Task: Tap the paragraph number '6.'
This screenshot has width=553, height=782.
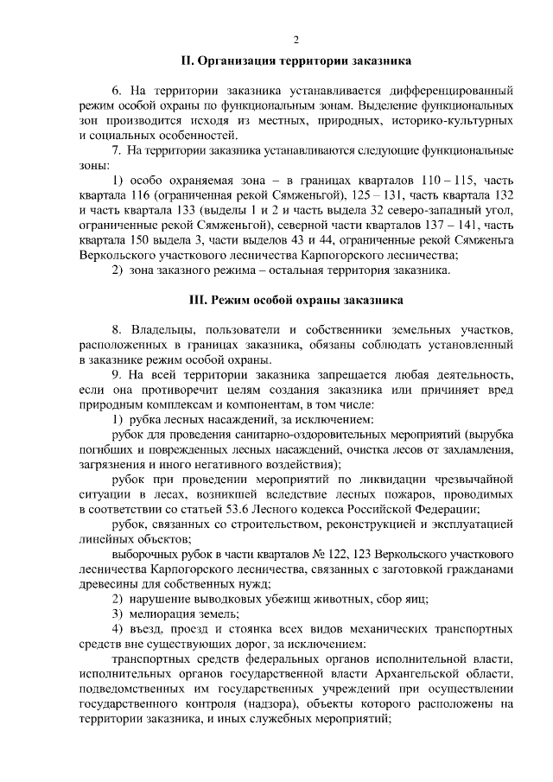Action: coord(118,90)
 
